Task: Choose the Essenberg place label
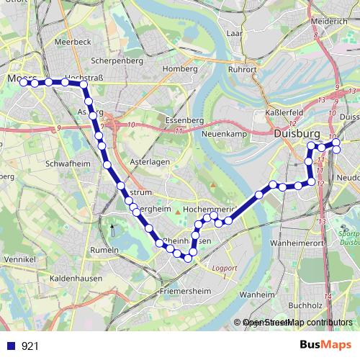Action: pyautogui.click(x=181, y=120)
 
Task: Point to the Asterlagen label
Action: pyautogui.click(x=150, y=162)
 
